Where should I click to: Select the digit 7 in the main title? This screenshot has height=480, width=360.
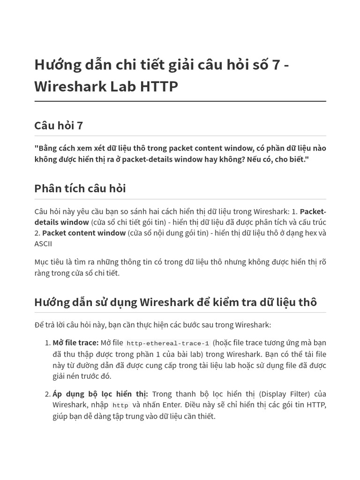pos(276,65)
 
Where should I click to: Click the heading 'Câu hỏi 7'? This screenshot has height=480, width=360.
pos(59,126)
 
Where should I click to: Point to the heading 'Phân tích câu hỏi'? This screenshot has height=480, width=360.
pos(80,188)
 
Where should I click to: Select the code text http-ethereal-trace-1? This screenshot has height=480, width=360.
pos(168,343)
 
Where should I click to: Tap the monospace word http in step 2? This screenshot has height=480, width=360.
pos(120,405)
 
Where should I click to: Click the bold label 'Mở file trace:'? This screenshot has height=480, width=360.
pos(75,343)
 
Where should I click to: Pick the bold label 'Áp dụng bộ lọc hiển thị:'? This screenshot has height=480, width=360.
pos(100,394)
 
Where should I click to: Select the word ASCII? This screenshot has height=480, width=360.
pos(43,244)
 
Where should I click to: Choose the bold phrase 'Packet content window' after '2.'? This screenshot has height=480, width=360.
pos(84,233)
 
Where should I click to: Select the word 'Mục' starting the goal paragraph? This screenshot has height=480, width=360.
pos(42,262)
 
